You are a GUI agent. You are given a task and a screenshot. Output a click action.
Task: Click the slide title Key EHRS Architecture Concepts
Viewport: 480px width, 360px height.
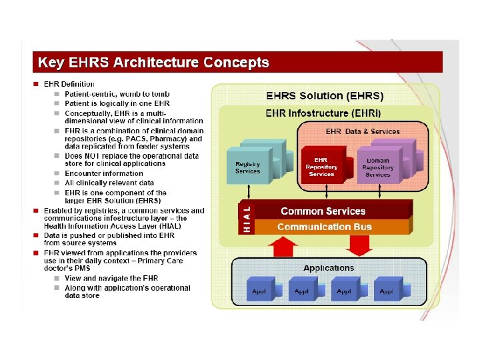pos(153,63)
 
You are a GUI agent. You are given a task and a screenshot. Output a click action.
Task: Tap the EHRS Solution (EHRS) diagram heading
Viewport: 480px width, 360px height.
pos(325,97)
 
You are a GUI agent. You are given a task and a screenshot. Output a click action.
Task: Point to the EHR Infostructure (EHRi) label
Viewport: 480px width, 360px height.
pos(323,113)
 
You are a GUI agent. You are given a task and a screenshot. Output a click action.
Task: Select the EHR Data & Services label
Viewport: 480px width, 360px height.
pos(363,131)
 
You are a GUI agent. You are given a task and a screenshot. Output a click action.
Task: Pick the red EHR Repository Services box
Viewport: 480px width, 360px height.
pos(322,166)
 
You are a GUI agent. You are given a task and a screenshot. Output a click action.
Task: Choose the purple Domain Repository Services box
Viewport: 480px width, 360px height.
pos(378,167)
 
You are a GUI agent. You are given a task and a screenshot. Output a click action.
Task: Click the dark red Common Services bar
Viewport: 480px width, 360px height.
pos(323,211)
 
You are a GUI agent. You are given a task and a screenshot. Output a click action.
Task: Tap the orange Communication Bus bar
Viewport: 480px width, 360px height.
pos(324,227)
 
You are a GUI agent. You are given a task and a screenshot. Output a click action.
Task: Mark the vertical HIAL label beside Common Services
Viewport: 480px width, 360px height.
pos(247,218)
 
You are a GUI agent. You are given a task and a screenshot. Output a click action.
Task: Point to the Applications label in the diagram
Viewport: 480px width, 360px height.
pos(329,268)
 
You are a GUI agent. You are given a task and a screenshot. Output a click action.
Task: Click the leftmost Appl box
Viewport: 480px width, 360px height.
pos(260,291)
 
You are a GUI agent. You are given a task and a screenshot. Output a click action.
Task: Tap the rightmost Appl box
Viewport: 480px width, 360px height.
pos(387,291)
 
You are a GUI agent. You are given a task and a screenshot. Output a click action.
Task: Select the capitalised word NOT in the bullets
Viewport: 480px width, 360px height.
pos(93,156)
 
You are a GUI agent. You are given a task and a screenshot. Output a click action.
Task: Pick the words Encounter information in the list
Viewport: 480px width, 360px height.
pos(95,173)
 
